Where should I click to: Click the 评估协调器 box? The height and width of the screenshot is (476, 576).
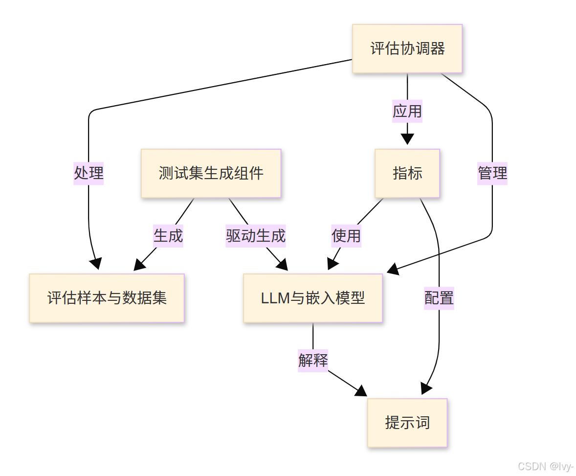[x=407, y=49]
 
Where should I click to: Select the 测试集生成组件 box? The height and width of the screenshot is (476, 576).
[x=211, y=173]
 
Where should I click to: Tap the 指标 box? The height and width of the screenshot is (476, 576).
[x=407, y=173]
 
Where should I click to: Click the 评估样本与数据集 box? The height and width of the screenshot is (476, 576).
[x=107, y=298]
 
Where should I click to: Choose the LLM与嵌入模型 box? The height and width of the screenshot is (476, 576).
[x=313, y=298]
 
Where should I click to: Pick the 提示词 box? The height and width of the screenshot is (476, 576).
[x=407, y=423]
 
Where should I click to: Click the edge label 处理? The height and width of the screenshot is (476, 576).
[x=89, y=173]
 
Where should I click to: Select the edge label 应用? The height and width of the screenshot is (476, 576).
[x=407, y=111]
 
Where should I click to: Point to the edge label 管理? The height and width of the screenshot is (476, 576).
[x=492, y=173]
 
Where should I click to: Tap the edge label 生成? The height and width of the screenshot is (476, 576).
[x=168, y=235]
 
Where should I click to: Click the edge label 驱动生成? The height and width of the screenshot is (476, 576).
[x=256, y=235]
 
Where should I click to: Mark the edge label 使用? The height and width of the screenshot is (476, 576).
[x=346, y=235]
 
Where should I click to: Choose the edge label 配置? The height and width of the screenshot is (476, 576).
[x=439, y=297]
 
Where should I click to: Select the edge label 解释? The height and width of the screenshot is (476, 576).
[x=313, y=360]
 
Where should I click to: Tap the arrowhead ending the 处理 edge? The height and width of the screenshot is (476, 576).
[x=96, y=264]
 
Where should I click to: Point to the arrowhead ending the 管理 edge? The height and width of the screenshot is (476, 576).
[x=393, y=270]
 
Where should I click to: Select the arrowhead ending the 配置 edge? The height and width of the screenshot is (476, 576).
[x=426, y=388]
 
